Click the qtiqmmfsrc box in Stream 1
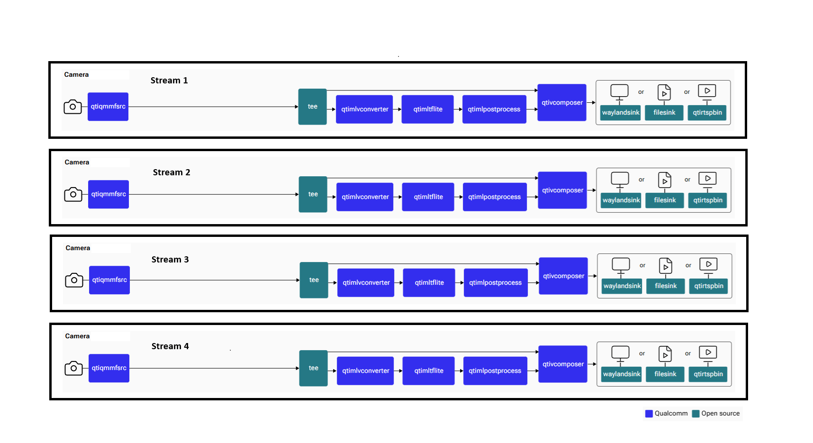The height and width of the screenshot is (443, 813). point(108,107)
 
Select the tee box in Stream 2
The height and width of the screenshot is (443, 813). point(313,194)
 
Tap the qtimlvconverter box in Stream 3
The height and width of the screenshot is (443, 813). point(366,283)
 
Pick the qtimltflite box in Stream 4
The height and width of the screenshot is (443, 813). point(429,371)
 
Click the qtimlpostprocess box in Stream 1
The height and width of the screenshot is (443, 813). point(494,109)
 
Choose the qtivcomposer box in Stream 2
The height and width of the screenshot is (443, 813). point(563,190)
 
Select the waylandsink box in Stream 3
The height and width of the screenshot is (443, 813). point(622,286)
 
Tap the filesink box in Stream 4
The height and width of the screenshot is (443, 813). point(665,374)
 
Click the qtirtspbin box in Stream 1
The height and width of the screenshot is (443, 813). point(707,113)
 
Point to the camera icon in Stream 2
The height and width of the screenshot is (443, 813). point(73,194)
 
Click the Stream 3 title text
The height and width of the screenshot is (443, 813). point(170,260)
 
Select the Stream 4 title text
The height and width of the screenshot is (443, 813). point(170,346)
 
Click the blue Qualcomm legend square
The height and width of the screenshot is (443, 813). point(649,414)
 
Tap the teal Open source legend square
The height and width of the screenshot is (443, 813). point(696,414)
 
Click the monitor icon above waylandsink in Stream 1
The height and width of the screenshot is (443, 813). point(619,92)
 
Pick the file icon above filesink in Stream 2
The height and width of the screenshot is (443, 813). point(665,180)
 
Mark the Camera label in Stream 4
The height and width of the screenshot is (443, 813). point(77,336)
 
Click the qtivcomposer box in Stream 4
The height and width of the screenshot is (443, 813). point(563,364)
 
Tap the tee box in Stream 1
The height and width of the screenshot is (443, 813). point(313,107)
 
